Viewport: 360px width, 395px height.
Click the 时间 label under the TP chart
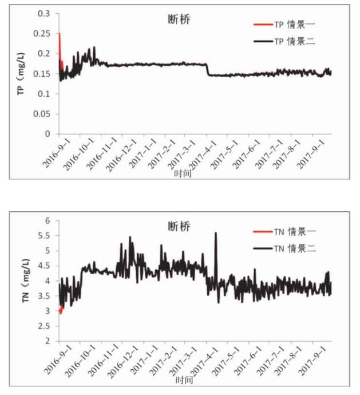click(x=183, y=173)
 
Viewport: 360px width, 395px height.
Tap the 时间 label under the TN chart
click(x=183, y=380)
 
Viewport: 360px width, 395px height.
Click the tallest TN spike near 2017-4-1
click(x=215, y=232)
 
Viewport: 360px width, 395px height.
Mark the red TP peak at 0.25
click(x=59, y=34)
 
